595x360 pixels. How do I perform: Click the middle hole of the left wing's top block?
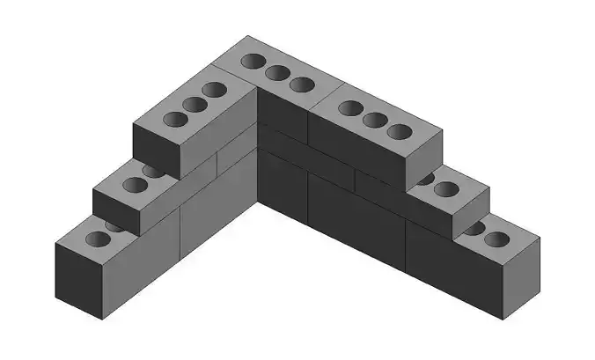coord(194,104)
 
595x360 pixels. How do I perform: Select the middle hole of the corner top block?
coord(277,73)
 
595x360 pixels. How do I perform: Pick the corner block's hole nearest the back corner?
coord(253,62)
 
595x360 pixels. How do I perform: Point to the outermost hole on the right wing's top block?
coord(400,131)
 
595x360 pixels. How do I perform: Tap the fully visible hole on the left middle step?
coord(134,185)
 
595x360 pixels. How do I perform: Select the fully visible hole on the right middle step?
coord(447,188)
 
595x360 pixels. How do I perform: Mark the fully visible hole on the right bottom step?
coord(496,239)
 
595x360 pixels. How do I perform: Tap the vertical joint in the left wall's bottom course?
coord(180,232)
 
